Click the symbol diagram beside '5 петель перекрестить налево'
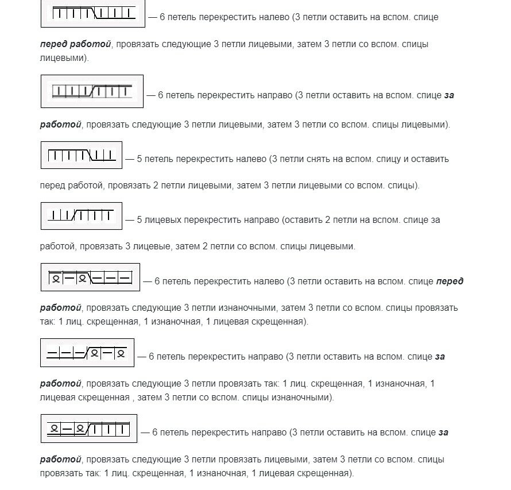coord(81,155)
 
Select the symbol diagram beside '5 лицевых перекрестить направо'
coord(81,216)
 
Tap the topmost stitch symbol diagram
coord(92,13)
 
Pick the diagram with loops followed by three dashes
coord(90,277)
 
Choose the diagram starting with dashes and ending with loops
coord(87,352)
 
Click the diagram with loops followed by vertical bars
coord(88,428)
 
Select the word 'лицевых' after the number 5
coord(160,219)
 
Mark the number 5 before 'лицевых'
coord(140,219)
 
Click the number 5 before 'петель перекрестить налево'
coord(140,159)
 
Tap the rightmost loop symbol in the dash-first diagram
coord(120,353)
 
